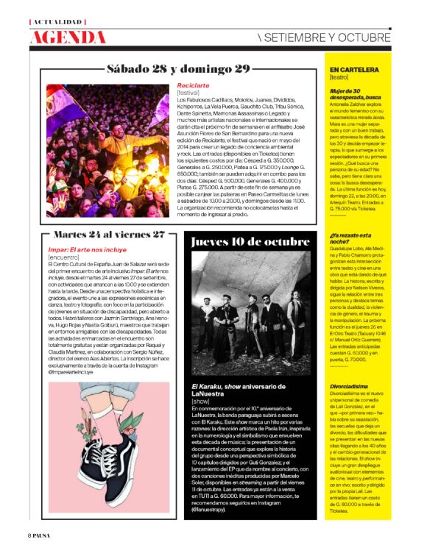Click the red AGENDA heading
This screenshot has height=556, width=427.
point(69,38)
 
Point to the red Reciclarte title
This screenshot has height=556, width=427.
point(194,85)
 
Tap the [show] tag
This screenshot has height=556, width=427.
point(200,402)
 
